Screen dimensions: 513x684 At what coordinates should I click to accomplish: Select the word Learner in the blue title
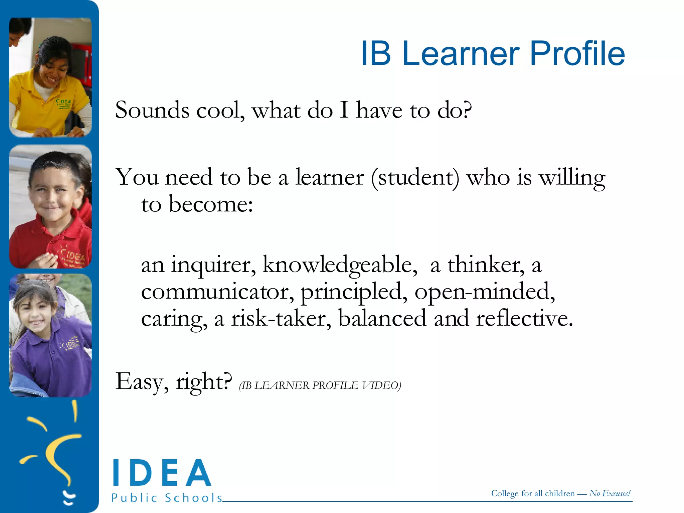[x=461, y=53]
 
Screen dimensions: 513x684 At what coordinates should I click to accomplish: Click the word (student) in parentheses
[x=415, y=178]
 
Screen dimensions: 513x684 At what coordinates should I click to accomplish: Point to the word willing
[x=572, y=178]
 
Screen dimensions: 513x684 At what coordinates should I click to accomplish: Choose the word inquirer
[x=214, y=265]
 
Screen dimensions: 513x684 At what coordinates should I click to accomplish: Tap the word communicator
[x=217, y=292]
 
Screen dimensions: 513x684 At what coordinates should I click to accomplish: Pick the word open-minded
[x=485, y=292]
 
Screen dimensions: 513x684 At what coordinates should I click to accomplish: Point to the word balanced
[x=382, y=318]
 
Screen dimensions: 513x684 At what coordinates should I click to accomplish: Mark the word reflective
[x=524, y=318]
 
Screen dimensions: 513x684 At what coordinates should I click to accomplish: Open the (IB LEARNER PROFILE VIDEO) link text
[x=320, y=385]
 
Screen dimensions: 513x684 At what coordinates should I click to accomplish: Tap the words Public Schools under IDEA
[x=167, y=498]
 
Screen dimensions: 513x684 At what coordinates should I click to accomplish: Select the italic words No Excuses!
[x=610, y=493]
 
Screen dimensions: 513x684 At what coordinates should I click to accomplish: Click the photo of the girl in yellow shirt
[x=50, y=77]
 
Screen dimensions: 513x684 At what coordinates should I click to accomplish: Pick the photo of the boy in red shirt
[x=50, y=206]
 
